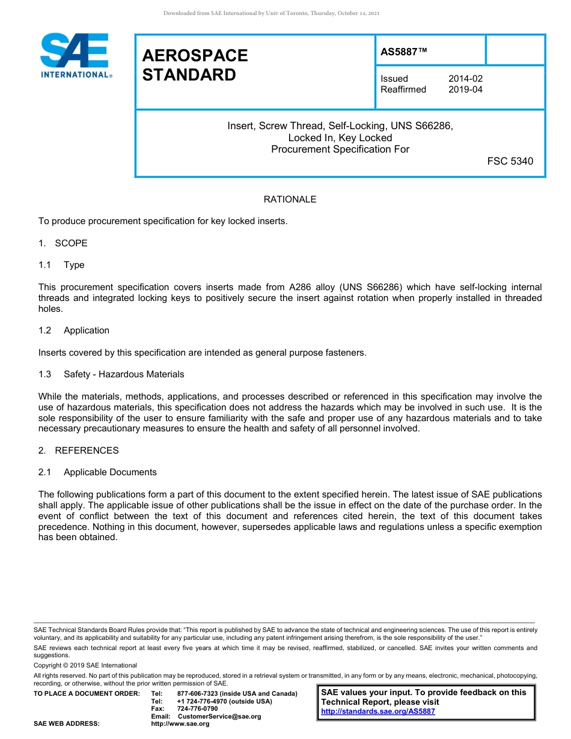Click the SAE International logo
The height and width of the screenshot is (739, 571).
75,55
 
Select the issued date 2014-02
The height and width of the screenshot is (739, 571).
465,79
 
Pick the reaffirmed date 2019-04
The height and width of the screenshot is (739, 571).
465,90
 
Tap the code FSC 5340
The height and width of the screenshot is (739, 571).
510,161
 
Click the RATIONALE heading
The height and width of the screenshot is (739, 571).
290,199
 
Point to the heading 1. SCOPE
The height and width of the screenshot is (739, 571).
63,243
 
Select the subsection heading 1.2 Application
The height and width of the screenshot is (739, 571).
74,330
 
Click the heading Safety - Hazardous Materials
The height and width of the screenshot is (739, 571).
124,374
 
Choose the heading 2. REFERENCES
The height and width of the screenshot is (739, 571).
78,450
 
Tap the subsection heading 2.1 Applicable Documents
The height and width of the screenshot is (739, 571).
97,472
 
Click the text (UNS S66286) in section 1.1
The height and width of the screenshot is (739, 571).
365,287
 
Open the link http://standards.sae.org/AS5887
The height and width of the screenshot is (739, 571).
378,711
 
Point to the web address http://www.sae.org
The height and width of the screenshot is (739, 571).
180,724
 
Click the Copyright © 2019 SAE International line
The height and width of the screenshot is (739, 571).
85,665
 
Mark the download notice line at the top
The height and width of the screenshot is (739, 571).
271,13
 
